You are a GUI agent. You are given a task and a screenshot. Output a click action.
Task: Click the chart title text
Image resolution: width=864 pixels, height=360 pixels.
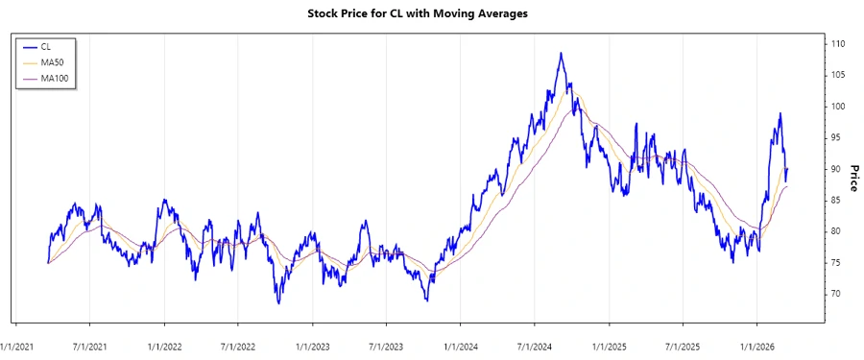pyautogui.click(x=431, y=13)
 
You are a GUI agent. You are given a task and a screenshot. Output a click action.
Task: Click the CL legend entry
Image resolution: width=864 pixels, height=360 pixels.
pyautogui.click(x=45, y=46)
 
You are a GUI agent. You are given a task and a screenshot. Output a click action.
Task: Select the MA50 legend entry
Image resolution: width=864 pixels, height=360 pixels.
pyautogui.click(x=50, y=62)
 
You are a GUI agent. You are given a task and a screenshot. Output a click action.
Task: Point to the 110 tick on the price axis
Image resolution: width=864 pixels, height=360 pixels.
pyautogui.click(x=838, y=44)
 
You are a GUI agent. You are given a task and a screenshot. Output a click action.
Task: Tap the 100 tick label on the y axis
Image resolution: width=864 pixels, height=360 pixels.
pyautogui.click(x=838, y=107)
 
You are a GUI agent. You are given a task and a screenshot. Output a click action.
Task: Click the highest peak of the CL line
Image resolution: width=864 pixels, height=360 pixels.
pyautogui.click(x=561, y=54)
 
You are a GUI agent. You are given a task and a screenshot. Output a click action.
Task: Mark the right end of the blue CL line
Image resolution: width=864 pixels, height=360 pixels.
pyautogui.click(x=787, y=169)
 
